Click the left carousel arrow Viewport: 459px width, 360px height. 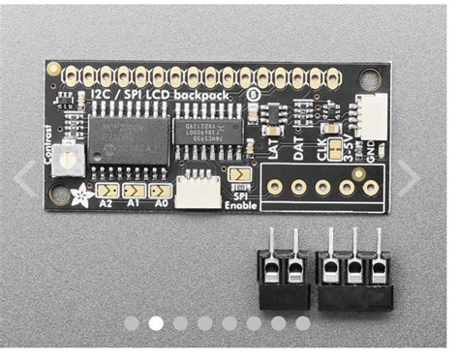pos(25,178)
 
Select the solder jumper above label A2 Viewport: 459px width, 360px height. pos(107,192)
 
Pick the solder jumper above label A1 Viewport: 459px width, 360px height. pos(135,192)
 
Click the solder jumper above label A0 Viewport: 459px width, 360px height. pos(163,192)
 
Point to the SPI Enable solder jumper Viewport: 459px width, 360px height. pos(239,175)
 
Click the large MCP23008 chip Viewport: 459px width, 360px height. pos(128,138)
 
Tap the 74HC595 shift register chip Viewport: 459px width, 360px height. pos(206,135)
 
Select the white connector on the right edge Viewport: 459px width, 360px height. pos(368,119)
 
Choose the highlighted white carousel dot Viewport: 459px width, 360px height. pos(156,323)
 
